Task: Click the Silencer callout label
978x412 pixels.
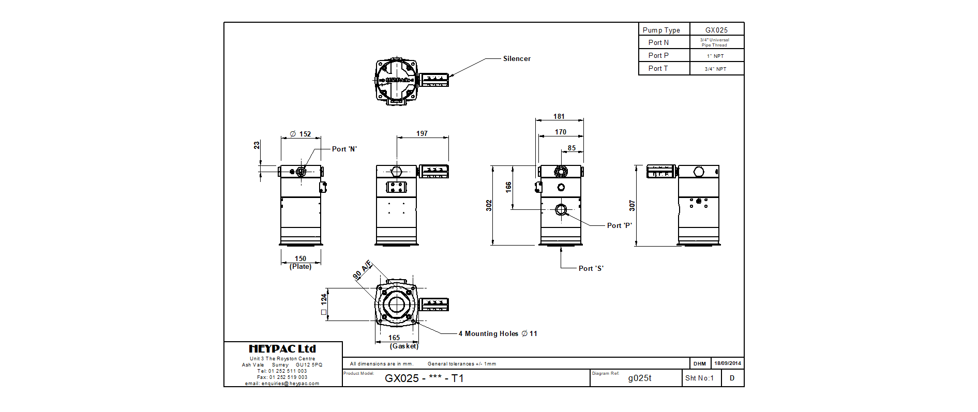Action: (517, 59)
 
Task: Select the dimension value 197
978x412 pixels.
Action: (422, 133)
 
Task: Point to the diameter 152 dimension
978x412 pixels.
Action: (300, 134)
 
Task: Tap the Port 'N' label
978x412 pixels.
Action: (344, 149)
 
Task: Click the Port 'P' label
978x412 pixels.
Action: (620, 225)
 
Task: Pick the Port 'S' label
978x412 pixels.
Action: (591, 268)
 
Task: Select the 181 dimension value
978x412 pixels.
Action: (559, 116)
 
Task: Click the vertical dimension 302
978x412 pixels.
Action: (489, 205)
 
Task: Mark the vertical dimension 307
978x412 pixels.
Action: (632, 205)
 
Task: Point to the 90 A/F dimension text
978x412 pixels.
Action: (363, 269)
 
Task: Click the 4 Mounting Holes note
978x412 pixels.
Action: (498, 333)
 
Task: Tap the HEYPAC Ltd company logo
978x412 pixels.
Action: (282, 349)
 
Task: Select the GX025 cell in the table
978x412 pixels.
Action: (716, 30)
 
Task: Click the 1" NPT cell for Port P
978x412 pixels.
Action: (716, 56)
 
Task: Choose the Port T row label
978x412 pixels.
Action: (658, 68)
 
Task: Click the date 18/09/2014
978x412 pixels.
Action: (728, 363)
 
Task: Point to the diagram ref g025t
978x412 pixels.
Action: (640, 378)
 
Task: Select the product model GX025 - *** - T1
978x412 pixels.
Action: (424, 378)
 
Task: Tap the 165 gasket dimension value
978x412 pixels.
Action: (394, 338)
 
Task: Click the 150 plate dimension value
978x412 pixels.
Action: (300, 258)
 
